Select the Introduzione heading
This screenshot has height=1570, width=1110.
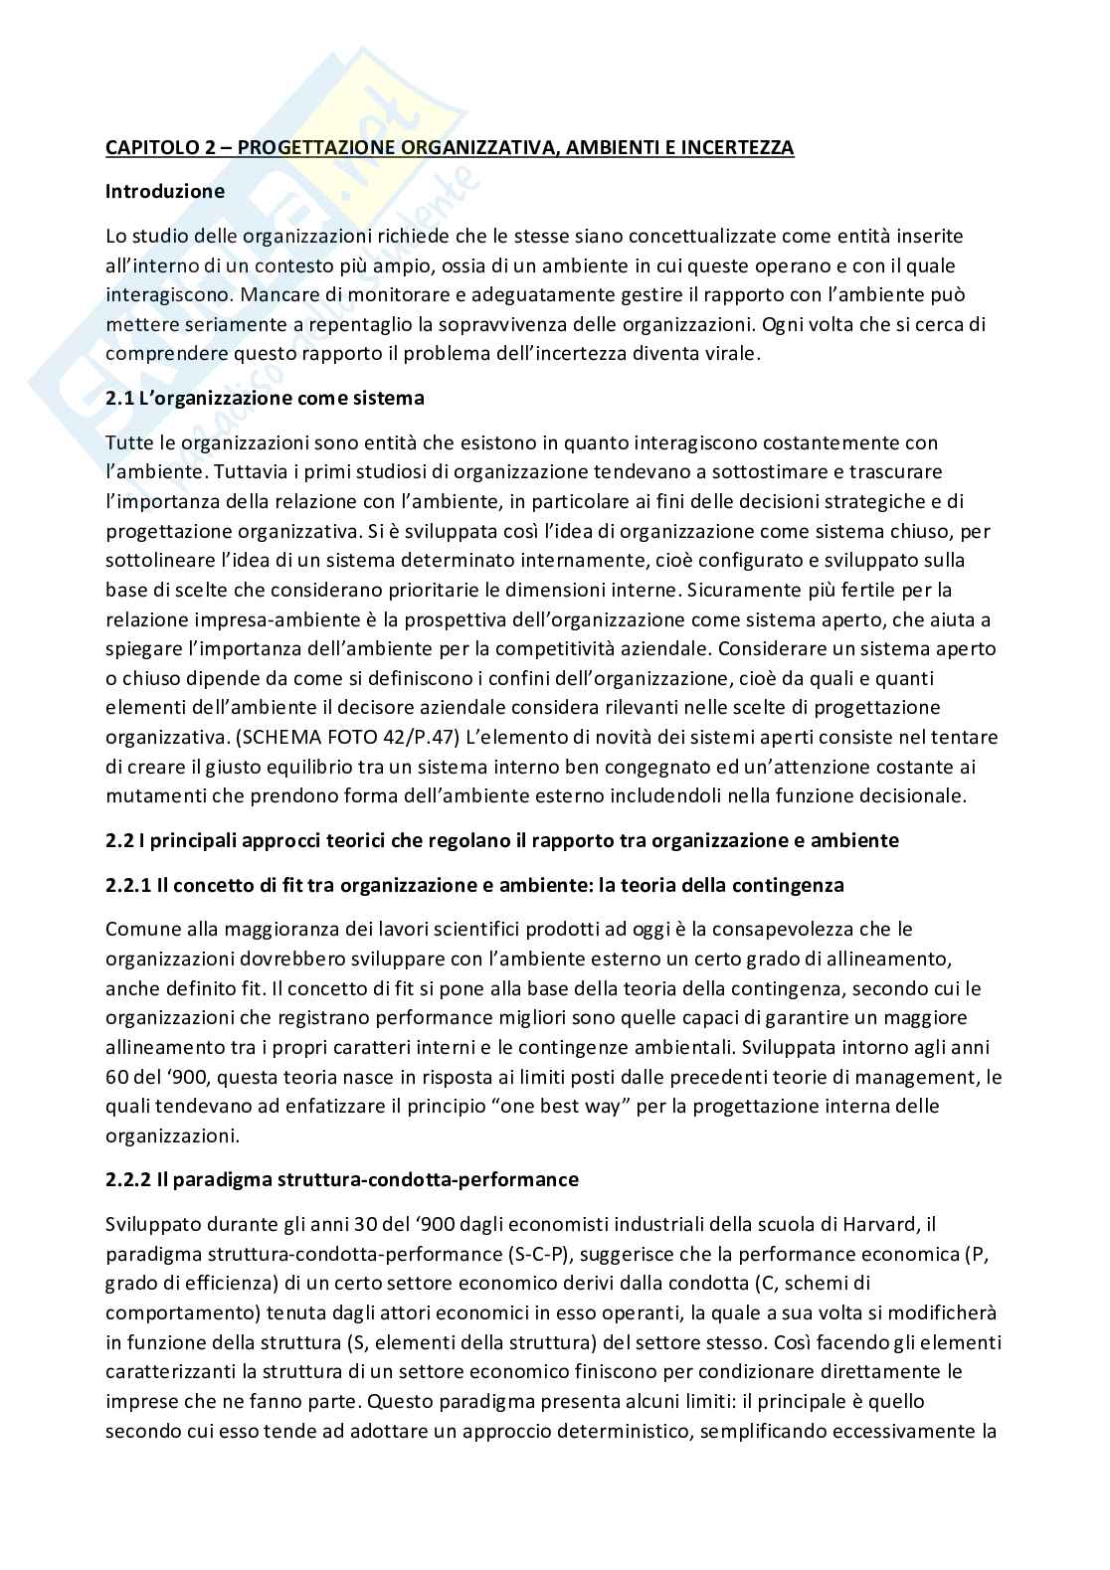click(x=165, y=191)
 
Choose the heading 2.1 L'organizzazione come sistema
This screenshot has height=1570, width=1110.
click(x=265, y=398)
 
